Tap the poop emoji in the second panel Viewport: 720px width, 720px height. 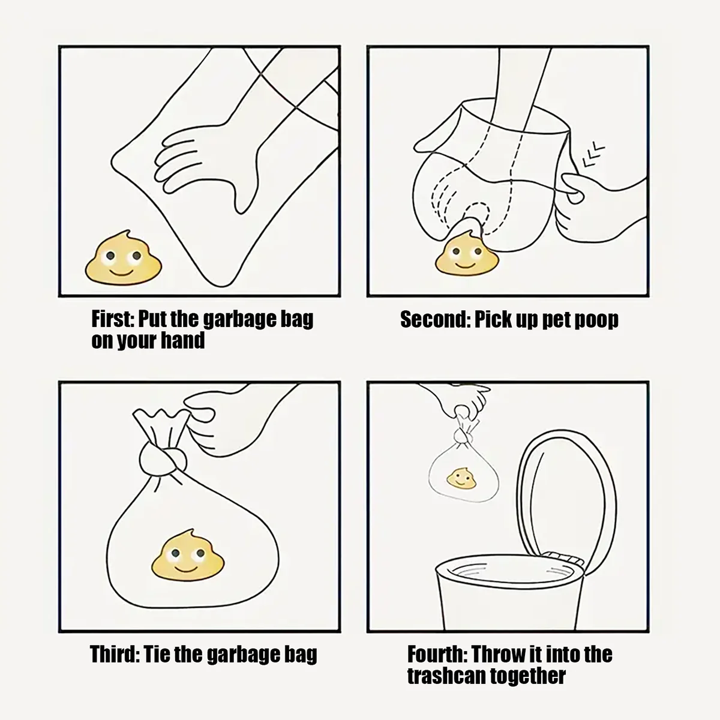[x=467, y=254]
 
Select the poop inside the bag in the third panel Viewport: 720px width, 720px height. [x=188, y=555]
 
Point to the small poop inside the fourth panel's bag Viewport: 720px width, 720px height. [x=462, y=479]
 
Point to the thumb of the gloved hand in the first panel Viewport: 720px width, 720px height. [x=245, y=191]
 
